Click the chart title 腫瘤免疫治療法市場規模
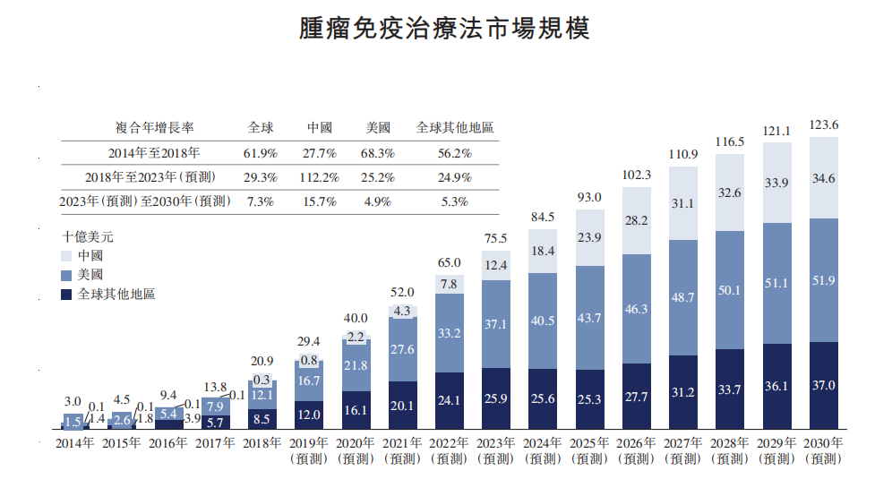pyautogui.click(x=445, y=30)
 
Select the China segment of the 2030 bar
pyautogui.click(x=823, y=178)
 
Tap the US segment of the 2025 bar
pyautogui.click(x=590, y=319)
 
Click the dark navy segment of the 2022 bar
pyautogui.click(x=450, y=399)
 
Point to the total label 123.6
pyautogui.click(x=823, y=125)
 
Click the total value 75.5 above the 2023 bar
pyautogui.click(x=496, y=238)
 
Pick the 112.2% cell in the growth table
pyautogui.click(x=321, y=177)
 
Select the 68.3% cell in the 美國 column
pyautogui.click(x=377, y=153)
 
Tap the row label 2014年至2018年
pyautogui.click(x=154, y=153)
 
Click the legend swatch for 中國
pyautogui.click(x=68, y=256)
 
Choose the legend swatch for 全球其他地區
pyautogui.click(x=68, y=294)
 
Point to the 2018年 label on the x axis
pyautogui.click(x=262, y=443)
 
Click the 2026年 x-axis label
pyautogui.click(x=637, y=443)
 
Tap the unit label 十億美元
pyautogui.click(x=87, y=237)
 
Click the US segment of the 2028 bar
pyautogui.click(x=730, y=290)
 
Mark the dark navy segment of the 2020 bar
pyautogui.click(x=356, y=409)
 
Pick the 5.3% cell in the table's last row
pyautogui.click(x=455, y=201)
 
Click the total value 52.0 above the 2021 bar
pyautogui.click(x=403, y=292)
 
